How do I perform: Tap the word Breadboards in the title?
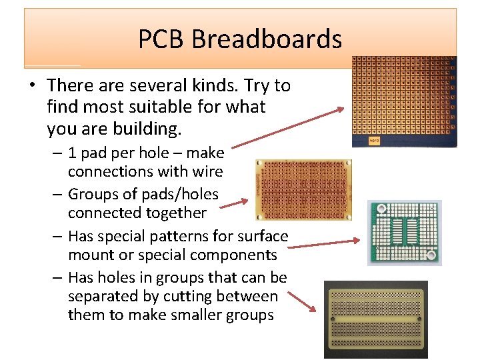coord(267,39)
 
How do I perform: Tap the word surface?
coord(261,236)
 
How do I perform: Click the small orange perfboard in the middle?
coord(303,189)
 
